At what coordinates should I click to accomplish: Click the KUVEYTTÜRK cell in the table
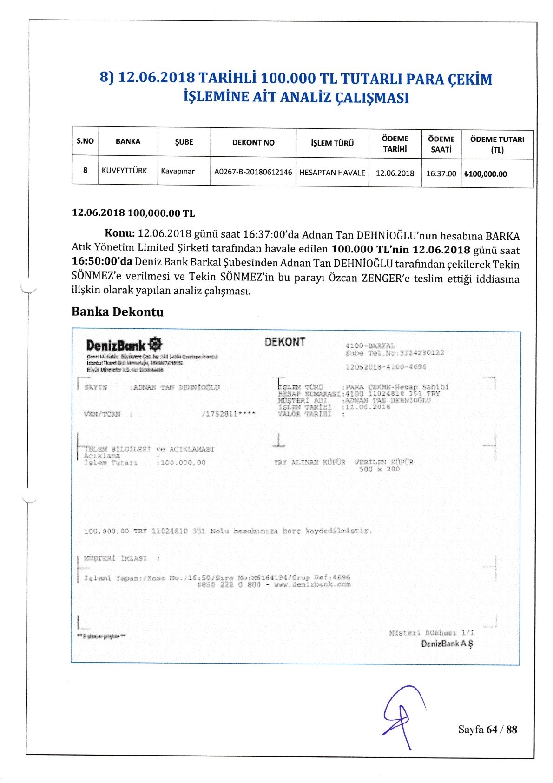(124, 171)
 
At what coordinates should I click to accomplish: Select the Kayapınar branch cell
(178, 171)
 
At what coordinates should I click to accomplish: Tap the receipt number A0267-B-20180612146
(253, 172)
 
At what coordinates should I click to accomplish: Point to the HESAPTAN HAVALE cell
(332, 173)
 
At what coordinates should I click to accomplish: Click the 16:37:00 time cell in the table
(441, 173)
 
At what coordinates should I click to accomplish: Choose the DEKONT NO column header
(253, 143)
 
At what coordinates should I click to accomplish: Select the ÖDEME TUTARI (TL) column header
(497, 145)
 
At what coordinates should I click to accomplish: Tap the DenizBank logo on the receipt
(124, 345)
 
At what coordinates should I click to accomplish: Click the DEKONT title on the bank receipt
(285, 342)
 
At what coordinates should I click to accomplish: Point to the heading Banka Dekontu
(118, 312)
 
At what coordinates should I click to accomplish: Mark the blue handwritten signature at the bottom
(402, 716)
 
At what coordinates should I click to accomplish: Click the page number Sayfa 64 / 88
(487, 729)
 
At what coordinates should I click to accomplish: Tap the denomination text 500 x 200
(379, 469)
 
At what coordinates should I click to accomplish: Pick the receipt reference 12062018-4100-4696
(386, 367)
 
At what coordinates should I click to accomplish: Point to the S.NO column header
(85, 141)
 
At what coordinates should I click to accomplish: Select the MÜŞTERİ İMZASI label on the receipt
(115, 558)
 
